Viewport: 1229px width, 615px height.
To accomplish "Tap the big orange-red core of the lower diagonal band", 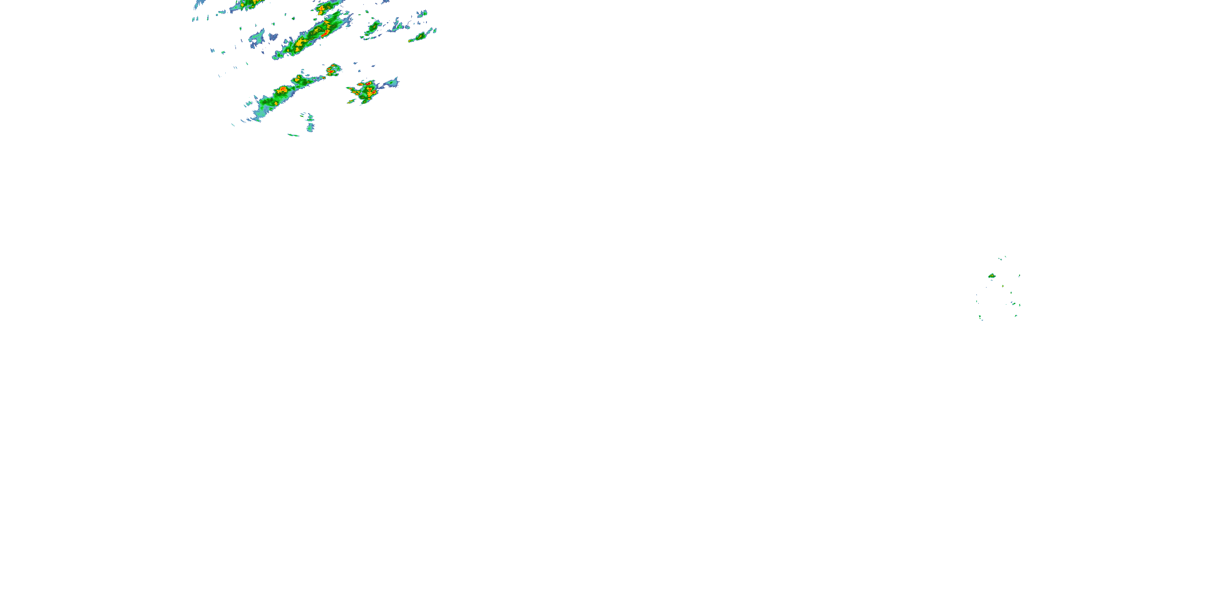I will coord(282,89).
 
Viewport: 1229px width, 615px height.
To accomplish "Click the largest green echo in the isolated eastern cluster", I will coord(992,276).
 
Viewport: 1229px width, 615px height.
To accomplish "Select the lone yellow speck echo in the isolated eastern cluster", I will coord(1003,286).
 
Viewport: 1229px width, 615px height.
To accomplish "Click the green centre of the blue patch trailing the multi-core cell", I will coord(392,84).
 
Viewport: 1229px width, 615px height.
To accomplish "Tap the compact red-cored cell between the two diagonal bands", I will coord(333,70).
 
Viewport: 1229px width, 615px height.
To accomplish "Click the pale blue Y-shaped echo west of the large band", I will coord(258,37).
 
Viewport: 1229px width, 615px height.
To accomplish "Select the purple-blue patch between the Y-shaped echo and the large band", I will coord(273,36).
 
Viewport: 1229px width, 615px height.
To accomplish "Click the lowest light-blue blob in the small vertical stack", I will coord(311,127).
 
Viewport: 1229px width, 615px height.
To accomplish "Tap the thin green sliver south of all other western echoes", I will coord(293,135).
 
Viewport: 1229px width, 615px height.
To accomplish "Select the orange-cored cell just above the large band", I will coord(322,9).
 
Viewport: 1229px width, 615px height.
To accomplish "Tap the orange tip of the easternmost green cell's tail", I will coord(410,41).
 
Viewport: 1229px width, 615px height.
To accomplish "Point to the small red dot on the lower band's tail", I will coord(300,77).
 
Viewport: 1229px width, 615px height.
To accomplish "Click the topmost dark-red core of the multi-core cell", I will coord(368,84).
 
